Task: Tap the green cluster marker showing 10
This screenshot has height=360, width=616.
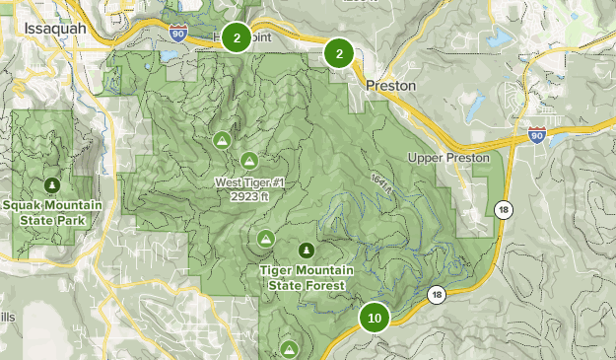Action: coord(375,318)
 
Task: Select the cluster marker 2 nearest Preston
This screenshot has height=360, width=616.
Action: coord(339,53)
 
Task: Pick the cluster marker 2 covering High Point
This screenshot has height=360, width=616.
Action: coord(236,38)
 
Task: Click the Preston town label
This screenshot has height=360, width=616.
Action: coord(390,86)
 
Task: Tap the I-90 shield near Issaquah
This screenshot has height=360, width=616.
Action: coord(177,34)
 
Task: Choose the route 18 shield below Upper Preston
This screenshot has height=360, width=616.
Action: coord(504,210)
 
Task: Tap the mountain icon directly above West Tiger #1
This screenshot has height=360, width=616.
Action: coord(248,160)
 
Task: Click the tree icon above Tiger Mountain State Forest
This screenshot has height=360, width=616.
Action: coord(307,250)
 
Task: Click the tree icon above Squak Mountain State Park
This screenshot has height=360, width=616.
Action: coord(51,184)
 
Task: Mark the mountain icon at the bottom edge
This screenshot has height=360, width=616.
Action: coord(289,349)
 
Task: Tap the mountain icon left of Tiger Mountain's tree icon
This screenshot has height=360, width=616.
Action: coord(265,238)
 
